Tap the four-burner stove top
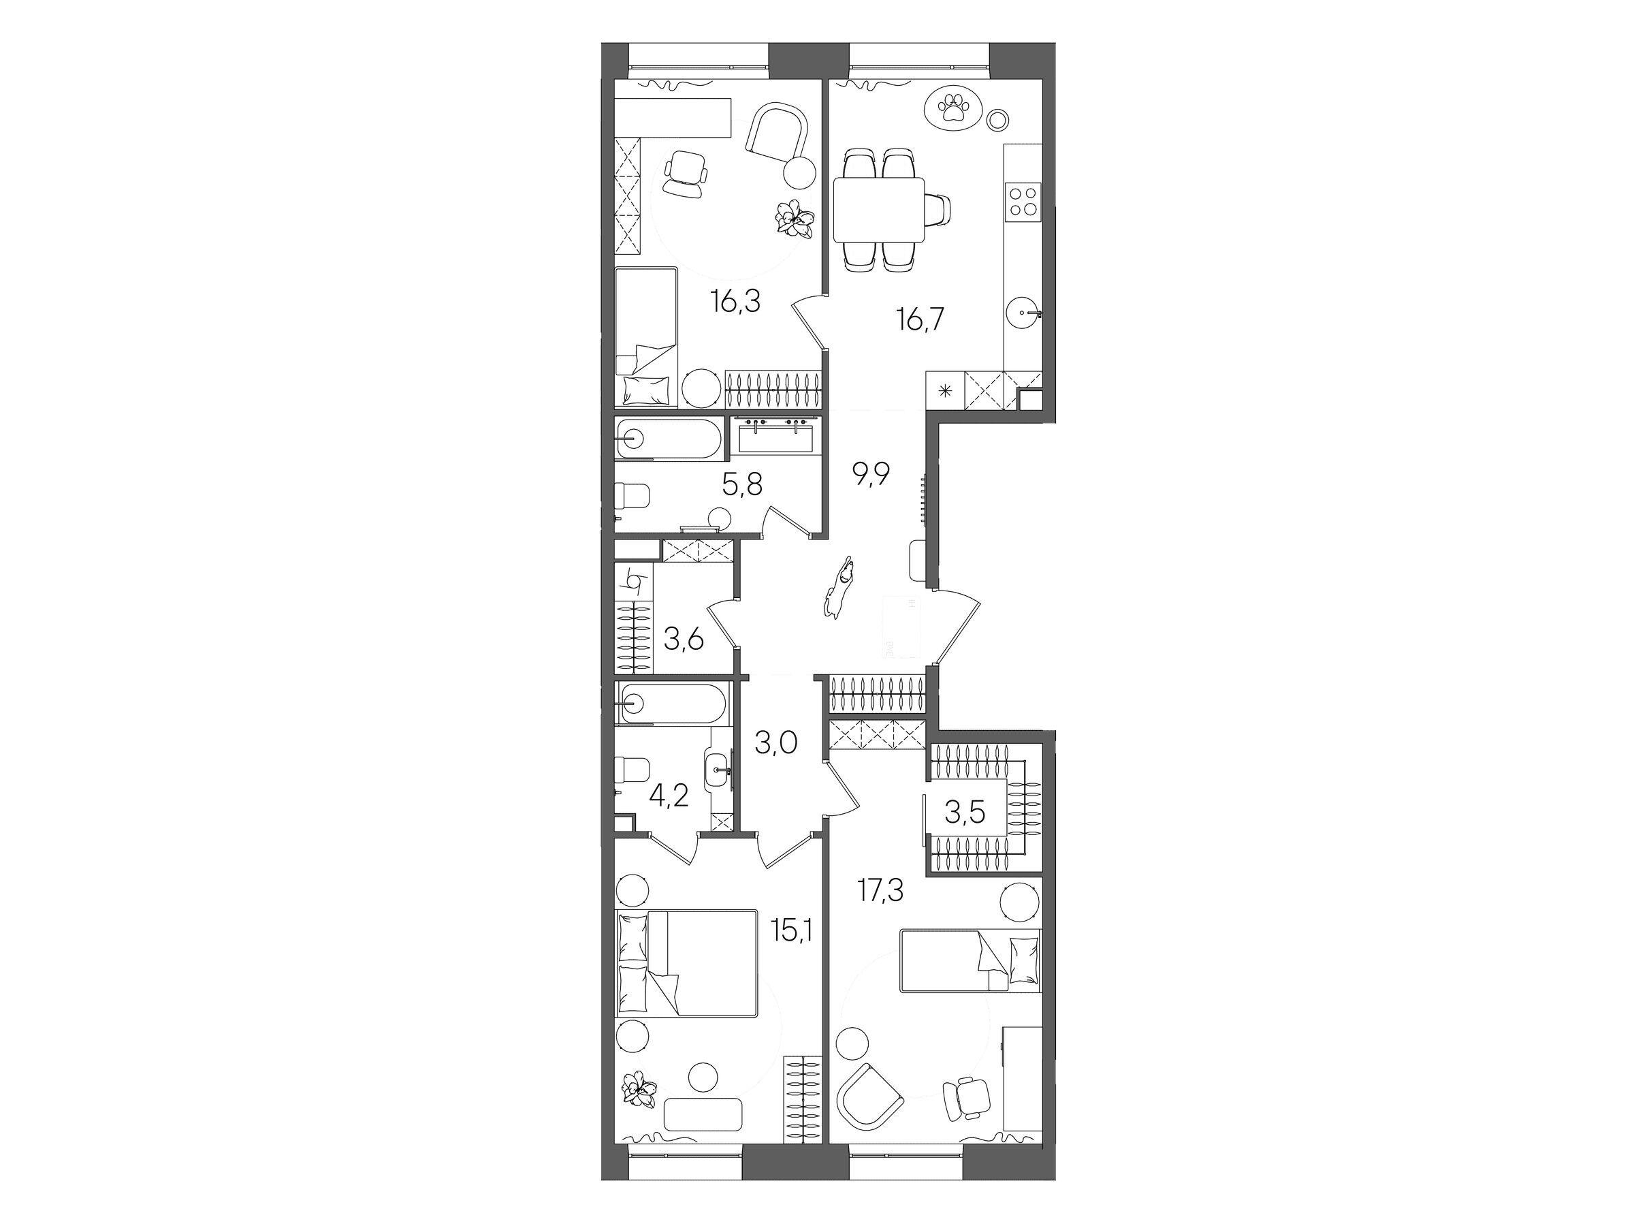(1023, 200)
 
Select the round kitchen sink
(1025, 313)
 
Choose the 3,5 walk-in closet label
(965, 812)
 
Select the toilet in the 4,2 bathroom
(632, 772)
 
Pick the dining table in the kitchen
(878, 209)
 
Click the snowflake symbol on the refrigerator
(946, 390)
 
